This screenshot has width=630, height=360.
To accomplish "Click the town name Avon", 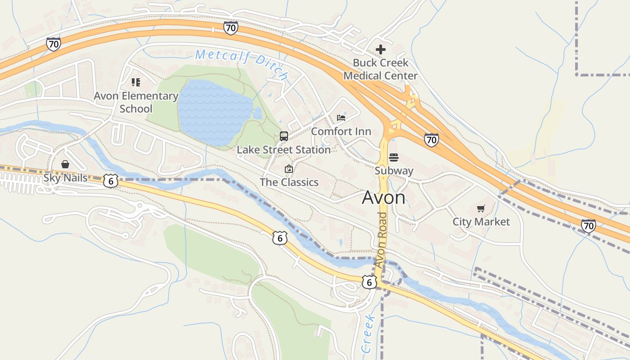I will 383,198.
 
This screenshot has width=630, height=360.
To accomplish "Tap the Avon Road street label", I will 382,240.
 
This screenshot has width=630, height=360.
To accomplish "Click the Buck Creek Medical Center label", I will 380,69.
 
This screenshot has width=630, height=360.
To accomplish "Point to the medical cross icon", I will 381,49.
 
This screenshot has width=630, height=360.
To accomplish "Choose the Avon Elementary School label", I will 136,102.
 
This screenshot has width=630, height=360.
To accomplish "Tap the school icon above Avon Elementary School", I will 135,82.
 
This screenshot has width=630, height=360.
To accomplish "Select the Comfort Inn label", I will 341,131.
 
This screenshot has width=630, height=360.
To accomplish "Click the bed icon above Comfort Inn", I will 341,118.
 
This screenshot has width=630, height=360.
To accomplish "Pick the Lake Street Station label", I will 283,150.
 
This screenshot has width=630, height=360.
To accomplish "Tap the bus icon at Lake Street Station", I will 284,136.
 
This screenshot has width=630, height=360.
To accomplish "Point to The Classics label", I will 289,182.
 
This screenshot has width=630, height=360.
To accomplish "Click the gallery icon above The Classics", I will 289,169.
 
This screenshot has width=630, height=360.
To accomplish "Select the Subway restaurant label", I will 394,171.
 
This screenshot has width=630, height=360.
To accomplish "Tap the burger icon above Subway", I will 394,157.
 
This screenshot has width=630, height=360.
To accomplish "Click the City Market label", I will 481,222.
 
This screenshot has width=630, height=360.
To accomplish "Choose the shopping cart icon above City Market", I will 481,208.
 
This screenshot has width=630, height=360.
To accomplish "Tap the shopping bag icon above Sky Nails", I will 65,164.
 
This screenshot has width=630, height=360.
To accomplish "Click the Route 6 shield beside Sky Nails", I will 111,180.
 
